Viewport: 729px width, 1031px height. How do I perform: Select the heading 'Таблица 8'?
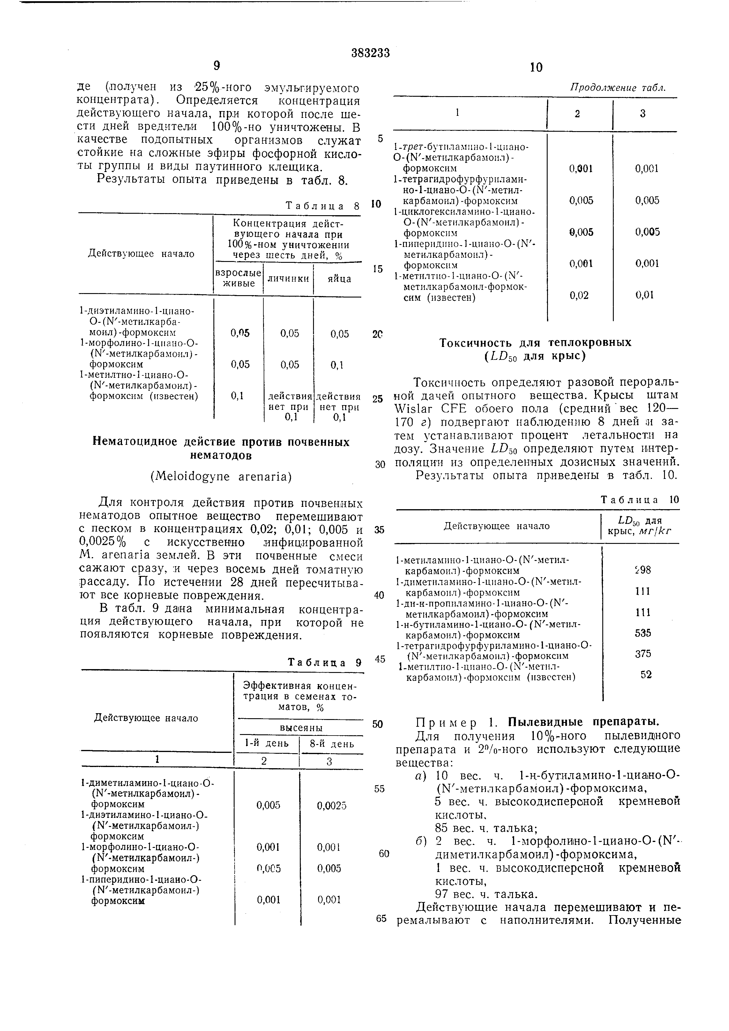[x=322, y=206]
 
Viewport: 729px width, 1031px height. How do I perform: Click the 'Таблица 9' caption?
[x=324, y=662]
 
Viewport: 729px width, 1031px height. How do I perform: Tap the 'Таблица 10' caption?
[x=640, y=500]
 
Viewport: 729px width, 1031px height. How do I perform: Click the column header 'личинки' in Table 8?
[x=288, y=278]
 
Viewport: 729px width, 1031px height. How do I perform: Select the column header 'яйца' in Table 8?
[x=339, y=278]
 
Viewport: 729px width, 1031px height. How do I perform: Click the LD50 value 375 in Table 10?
[x=643, y=654]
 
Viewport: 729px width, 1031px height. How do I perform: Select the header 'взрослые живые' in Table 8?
[x=238, y=278]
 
